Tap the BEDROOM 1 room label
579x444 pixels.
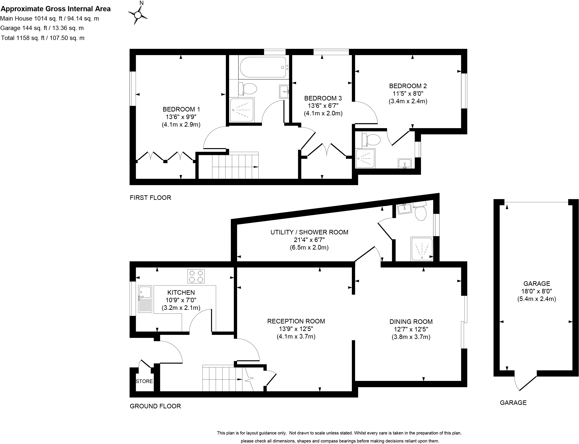click(x=181, y=109)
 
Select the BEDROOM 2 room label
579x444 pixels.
click(x=408, y=86)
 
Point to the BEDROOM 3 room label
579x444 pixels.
click(x=323, y=98)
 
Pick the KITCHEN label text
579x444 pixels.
click(x=181, y=293)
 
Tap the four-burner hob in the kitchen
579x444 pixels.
click(x=196, y=276)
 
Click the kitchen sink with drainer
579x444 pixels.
click(x=145, y=299)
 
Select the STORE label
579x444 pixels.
click(x=144, y=381)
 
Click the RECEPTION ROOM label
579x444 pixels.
click(x=296, y=321)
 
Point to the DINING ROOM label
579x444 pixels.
click(x=411, y=322)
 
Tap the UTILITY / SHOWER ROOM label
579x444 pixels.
click(x=309, y=232)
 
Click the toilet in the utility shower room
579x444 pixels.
click(x=420, y=211)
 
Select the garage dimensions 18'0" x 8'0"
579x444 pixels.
click(x=536, y=291)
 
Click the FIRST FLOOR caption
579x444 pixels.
click(x=150, y=198)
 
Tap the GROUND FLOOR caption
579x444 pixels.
click(x=155, y=406)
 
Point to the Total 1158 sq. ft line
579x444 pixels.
click(x=43, y=38)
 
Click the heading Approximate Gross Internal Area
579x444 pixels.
click(x=56, y=9)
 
